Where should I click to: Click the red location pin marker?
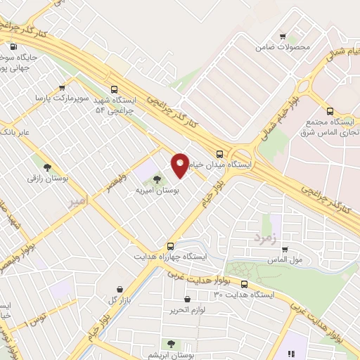click(180, 165)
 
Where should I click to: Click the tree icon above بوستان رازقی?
click(47, 167)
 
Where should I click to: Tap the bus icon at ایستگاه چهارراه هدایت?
click(171, 246)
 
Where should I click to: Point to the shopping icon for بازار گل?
click(119, 288)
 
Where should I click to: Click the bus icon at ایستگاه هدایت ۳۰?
click(244, 284)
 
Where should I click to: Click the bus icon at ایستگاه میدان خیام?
click(220, 154)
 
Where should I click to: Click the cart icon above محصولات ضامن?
click(283, 37)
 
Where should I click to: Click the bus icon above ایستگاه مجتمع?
click(330, 110)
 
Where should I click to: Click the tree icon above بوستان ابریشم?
click(171, 344)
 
